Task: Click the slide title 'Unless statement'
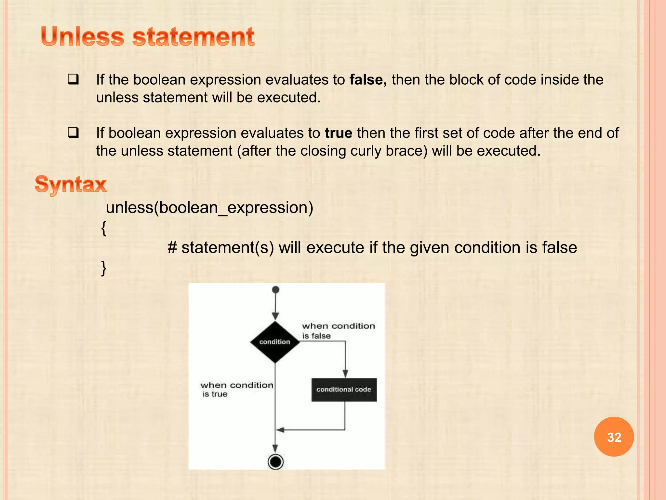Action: point(148,36)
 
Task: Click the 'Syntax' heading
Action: point(71,184)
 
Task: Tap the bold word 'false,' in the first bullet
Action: point(368,80)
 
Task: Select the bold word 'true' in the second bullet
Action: point(338,133)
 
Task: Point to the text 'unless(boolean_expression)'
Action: point(210,208)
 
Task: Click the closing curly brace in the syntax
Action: point(104,268)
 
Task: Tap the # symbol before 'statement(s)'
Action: point(172,248)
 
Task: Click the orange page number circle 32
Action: point(614,437)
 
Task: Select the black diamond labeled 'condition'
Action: point(275,342)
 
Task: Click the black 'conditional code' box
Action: point(344,390)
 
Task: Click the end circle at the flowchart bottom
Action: point(275,462)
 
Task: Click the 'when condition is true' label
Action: point(236,389)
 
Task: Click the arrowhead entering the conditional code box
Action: point(345,374)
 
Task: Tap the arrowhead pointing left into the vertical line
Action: point(280,430)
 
